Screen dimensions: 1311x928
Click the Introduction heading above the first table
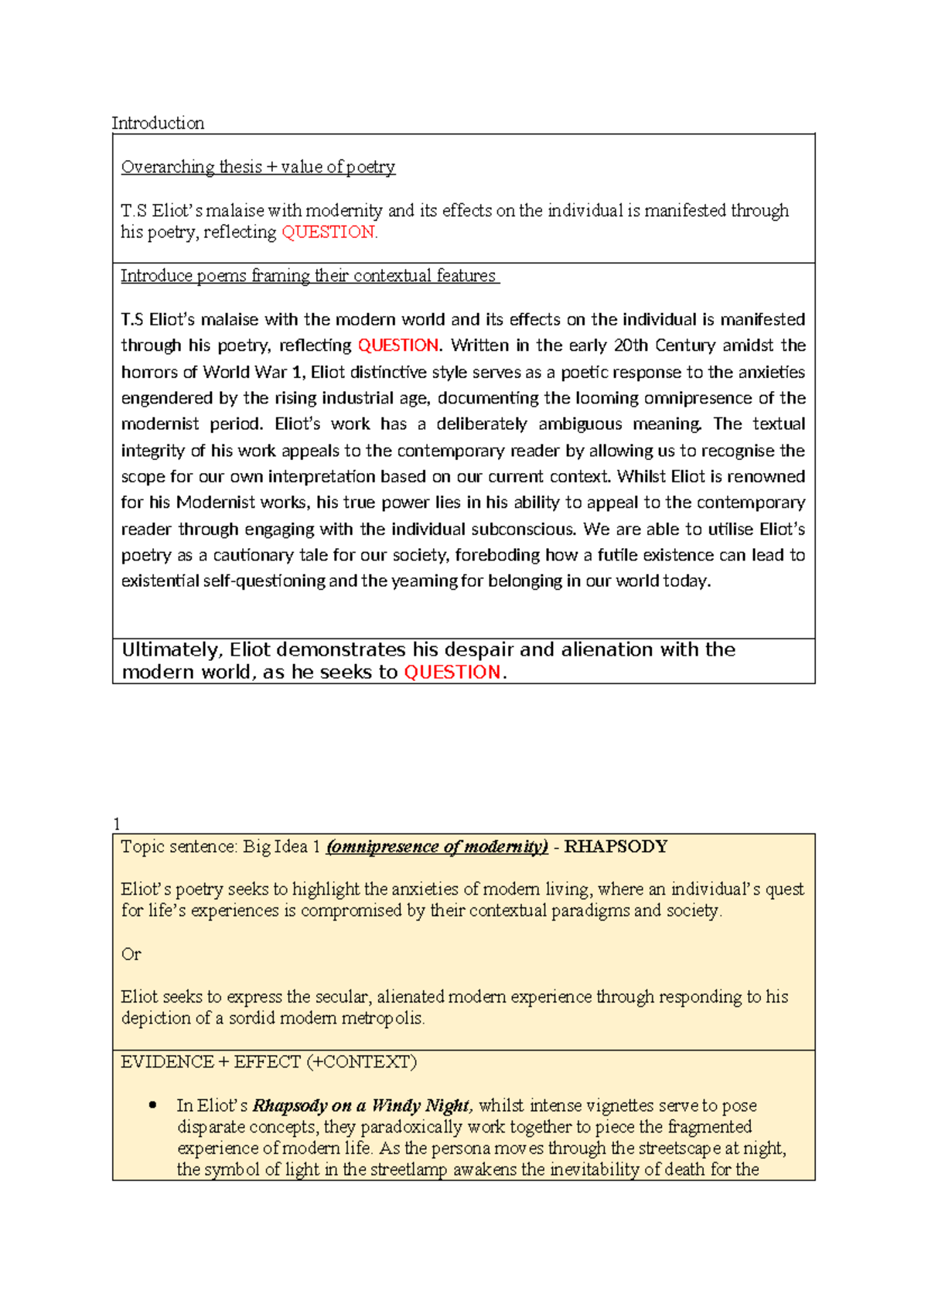pos(158,123)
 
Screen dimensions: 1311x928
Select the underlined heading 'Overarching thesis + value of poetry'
pos(258,167)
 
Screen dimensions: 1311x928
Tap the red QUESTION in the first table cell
pos(329,232)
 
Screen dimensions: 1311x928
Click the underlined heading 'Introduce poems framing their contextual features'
pos(309,276)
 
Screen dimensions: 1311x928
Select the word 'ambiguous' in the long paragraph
pos(580,424)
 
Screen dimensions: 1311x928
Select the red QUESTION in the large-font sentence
pos(452,673)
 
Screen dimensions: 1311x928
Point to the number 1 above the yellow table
pos(117,824)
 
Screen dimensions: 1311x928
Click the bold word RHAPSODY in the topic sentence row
pos(616,846)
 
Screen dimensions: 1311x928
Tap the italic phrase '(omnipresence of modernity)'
pos(437,846)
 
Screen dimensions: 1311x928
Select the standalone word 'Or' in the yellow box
pos(131,954)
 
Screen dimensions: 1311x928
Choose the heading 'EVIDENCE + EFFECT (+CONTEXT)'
pos(268,1062)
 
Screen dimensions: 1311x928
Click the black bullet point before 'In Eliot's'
pos(152,1105)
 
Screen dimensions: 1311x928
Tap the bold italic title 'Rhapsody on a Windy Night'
pos(361,1105)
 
